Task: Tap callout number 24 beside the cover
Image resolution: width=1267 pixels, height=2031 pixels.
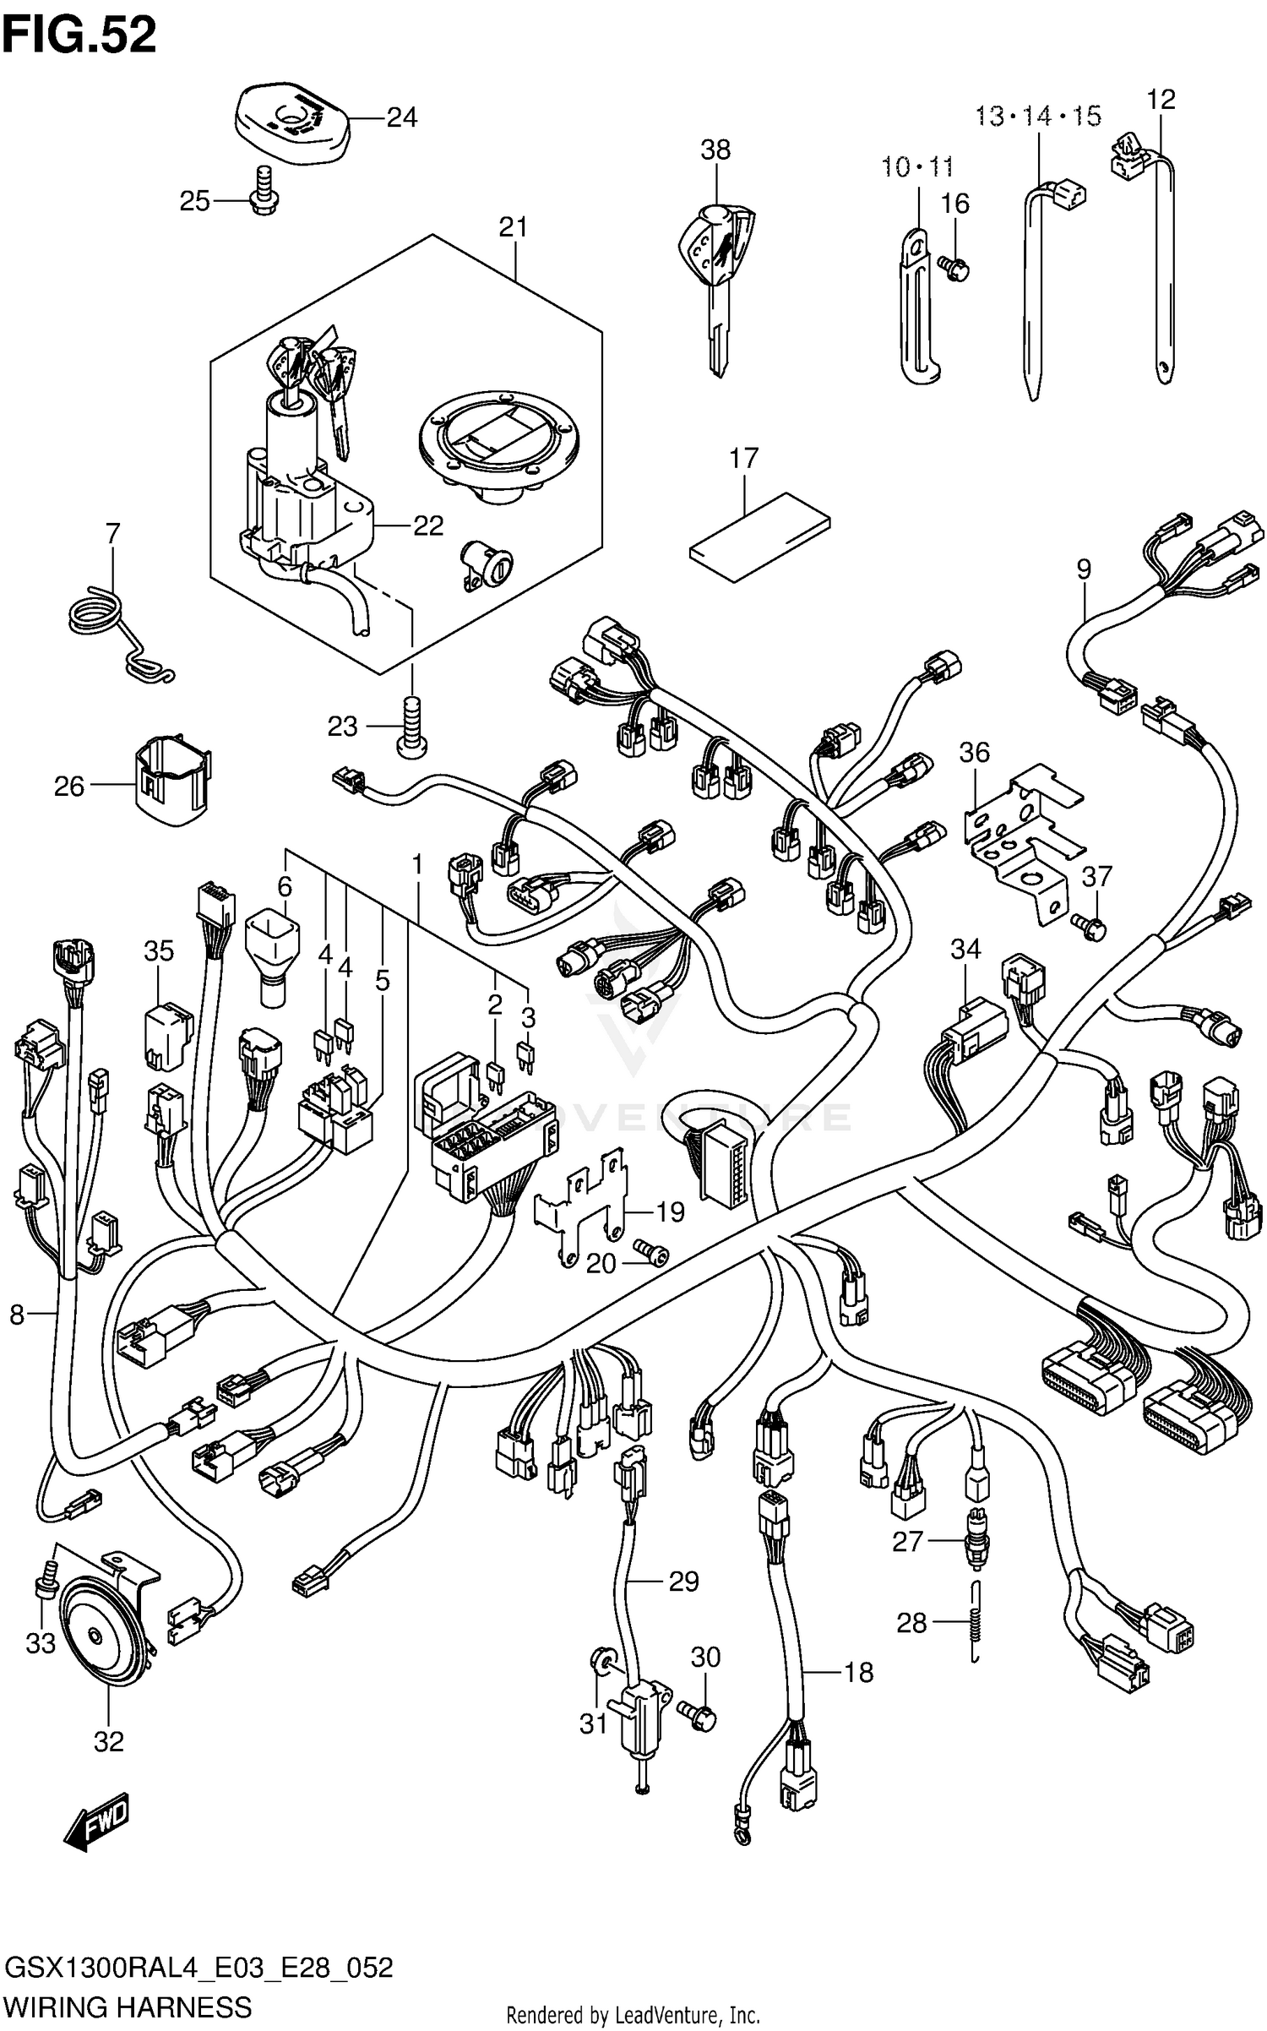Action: [x=401, y=117]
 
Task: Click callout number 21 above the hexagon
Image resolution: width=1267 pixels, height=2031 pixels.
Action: [x=513, y=227]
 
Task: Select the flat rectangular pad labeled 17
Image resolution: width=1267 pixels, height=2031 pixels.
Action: [x=759, y=536]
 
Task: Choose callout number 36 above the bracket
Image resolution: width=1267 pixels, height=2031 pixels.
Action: [x=974, y=753]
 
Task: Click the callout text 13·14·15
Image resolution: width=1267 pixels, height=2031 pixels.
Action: [x=1037, y=116]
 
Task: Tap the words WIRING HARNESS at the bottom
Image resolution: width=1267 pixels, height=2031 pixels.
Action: [x=127, y=2005]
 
